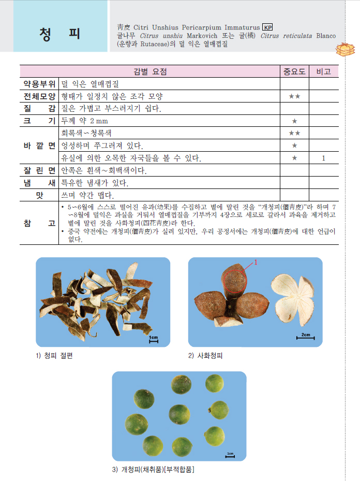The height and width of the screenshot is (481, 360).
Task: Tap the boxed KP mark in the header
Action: coord(267,27)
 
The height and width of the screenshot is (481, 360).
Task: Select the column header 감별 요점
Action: coord(150,71)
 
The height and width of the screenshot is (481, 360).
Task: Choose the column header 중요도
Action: coord(294,71)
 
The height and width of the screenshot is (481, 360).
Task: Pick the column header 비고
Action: coord(324,71)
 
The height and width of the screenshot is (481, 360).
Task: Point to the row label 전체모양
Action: coord(39,96)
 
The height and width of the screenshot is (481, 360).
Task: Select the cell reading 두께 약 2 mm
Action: coord(84,121)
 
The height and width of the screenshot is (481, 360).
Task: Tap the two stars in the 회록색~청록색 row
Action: coord(294,133)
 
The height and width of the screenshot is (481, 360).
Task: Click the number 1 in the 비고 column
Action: coord(324,158)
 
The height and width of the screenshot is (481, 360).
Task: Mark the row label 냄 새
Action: coord(39,183)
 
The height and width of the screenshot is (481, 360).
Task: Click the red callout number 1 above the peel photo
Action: coord(255,263)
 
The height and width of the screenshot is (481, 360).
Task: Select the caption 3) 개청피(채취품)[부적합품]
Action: coord(153,470)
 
